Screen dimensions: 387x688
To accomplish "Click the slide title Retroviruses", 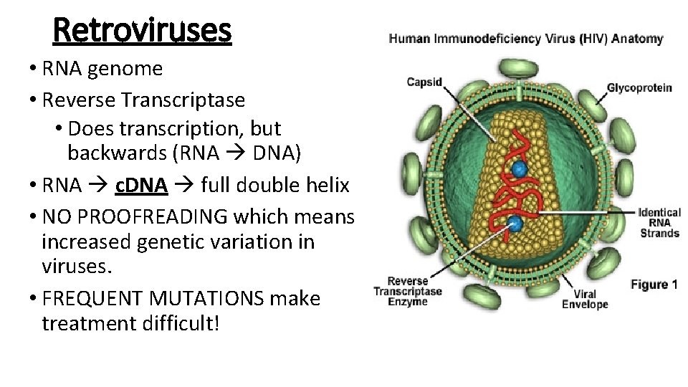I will [142, 30].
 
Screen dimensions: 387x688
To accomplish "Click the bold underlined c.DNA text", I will [141, 186].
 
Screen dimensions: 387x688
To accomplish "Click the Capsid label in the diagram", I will [424, 82].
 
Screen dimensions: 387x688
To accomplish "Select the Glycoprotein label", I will [639, 88].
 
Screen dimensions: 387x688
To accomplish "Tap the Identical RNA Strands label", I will [659, 223].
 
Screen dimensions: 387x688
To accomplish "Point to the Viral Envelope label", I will [584, 299].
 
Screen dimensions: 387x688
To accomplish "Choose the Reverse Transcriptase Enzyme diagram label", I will [407, 292].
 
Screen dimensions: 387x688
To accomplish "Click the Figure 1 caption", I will [654, 285].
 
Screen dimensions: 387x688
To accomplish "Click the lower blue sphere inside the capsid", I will [515, 224].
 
